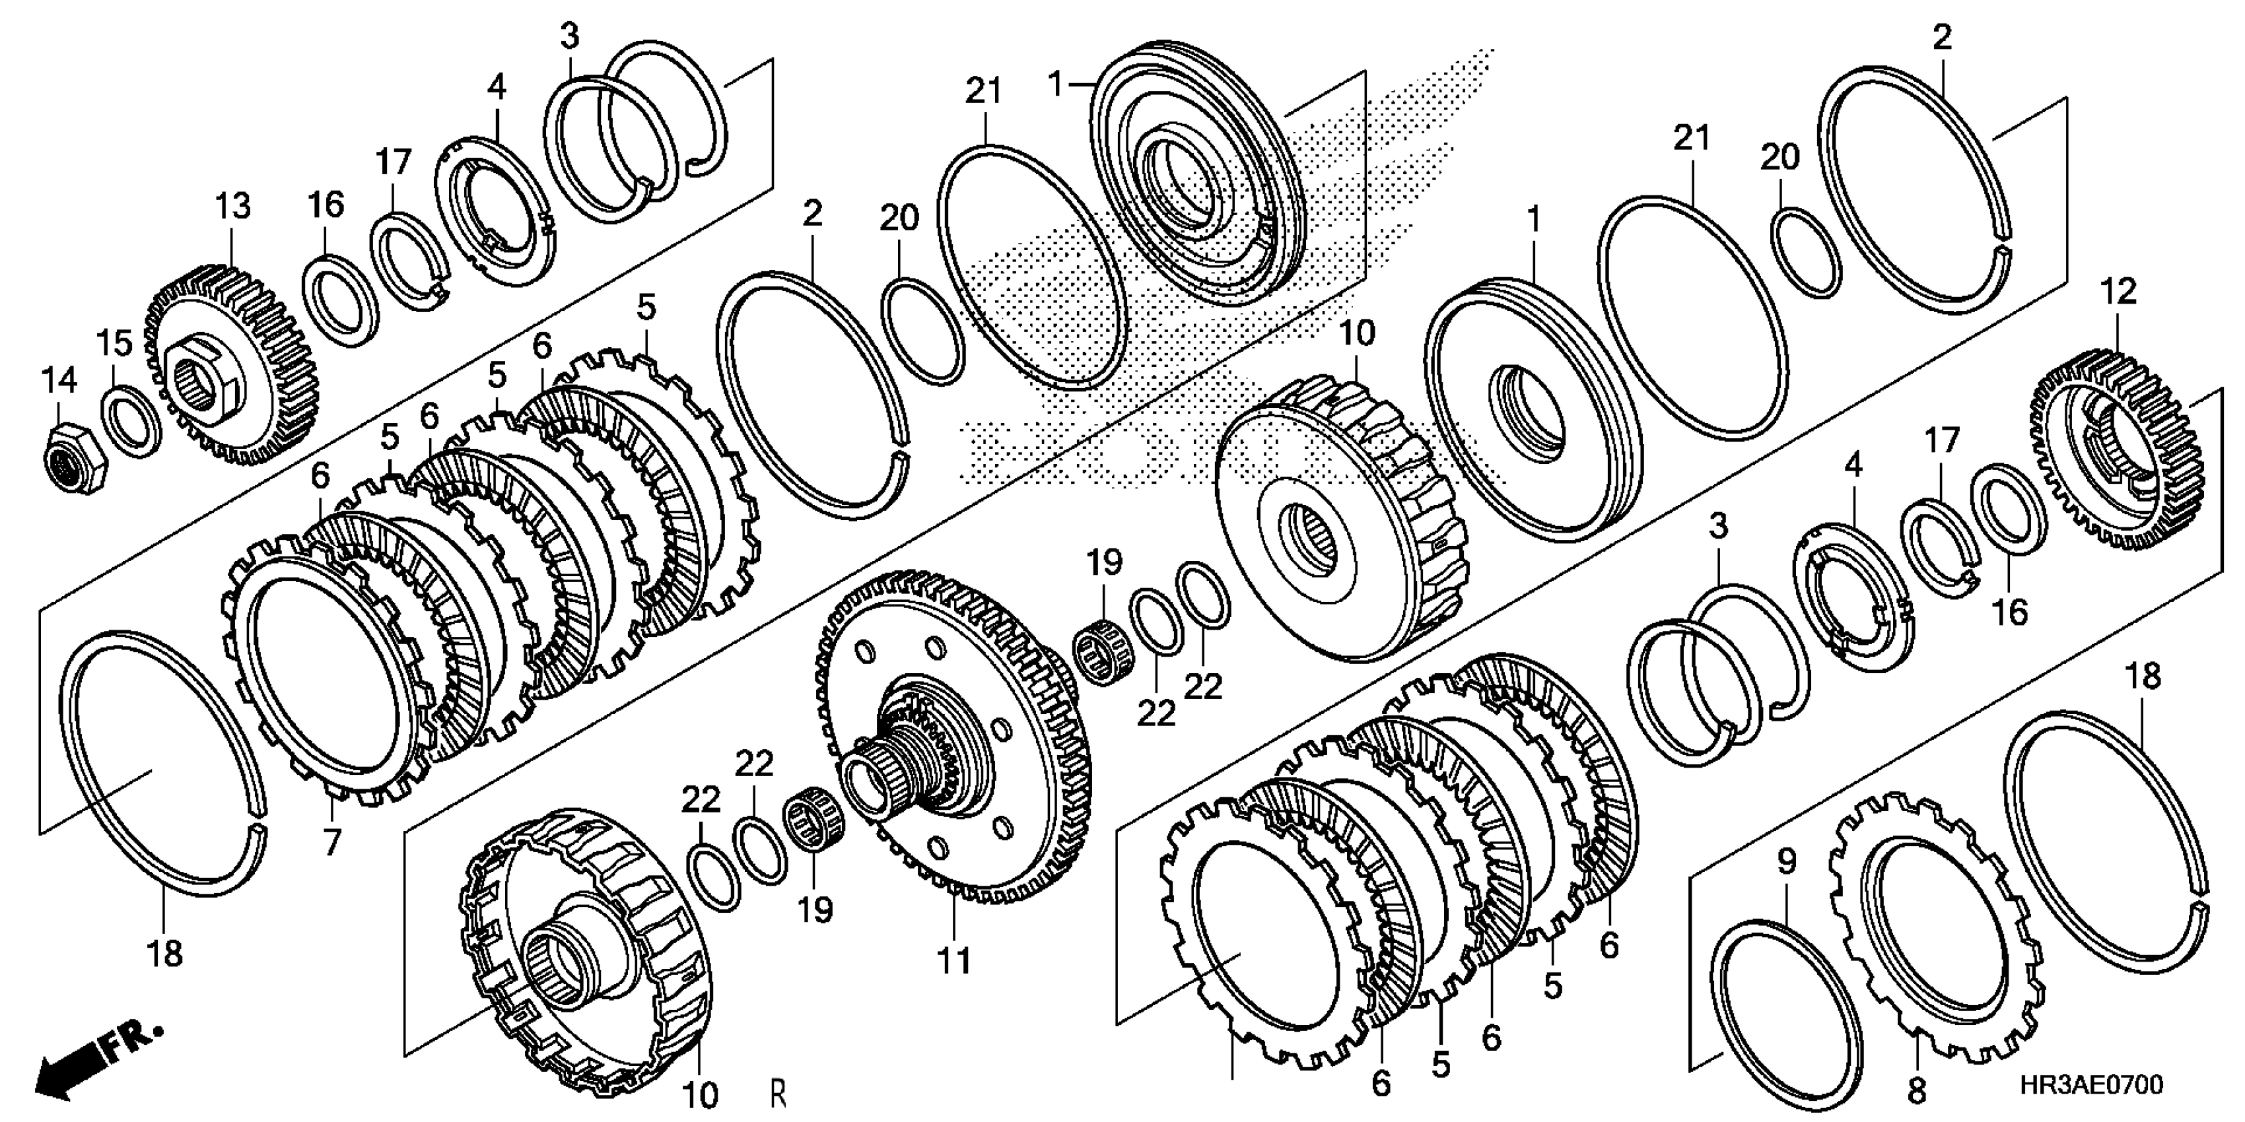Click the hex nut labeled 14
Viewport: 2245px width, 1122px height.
74,455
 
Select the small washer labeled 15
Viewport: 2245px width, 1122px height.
131,420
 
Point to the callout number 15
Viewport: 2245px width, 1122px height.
114,343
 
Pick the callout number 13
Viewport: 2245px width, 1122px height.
232,207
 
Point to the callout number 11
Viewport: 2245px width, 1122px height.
953,962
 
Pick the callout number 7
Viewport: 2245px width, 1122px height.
332,842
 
